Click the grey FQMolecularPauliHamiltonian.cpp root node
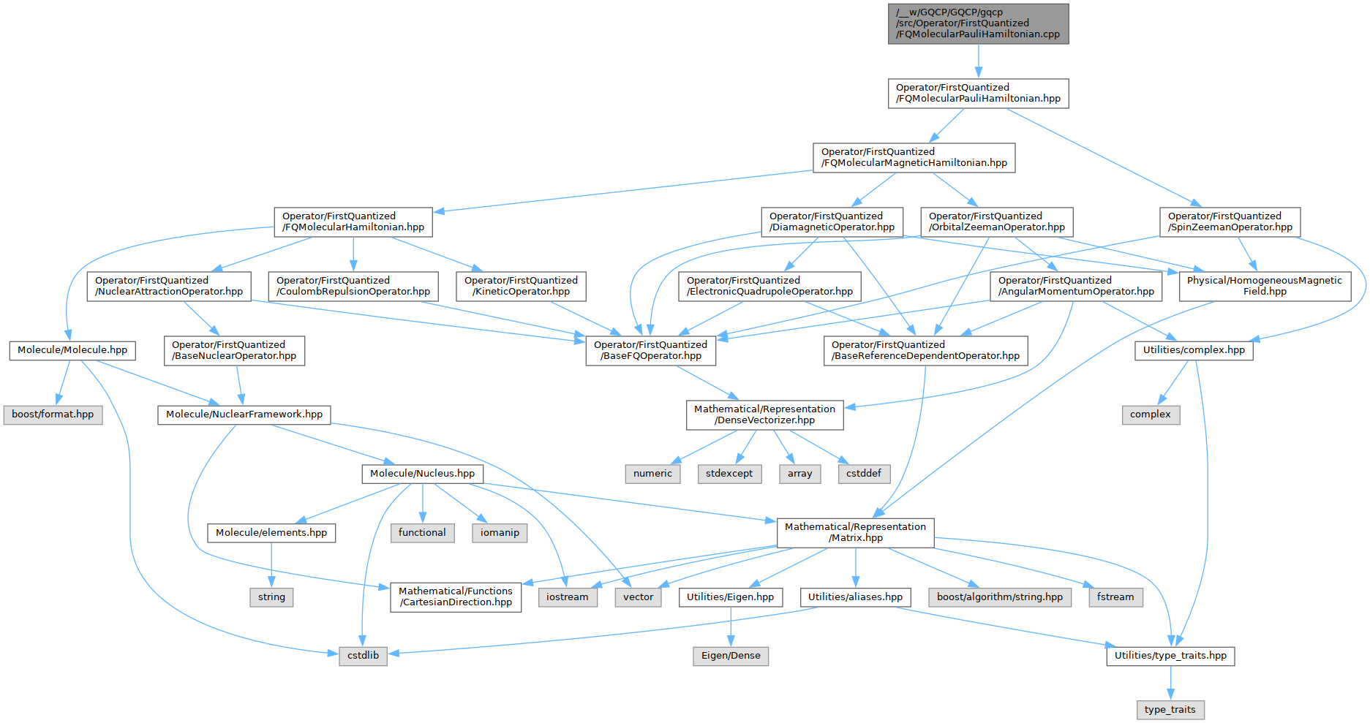(x=978, y=23)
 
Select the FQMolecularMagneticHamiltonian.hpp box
(x=914, y=157)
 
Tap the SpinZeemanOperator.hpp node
(x=1230, y=222)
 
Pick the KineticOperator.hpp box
(x=521, y=286)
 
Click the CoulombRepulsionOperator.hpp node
(x=353, y=286)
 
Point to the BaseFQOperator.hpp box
(x=650, y=350)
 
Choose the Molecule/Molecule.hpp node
(x=72, y=350)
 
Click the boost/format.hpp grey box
(x=53, y=415)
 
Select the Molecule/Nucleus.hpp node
(x=422, y=474)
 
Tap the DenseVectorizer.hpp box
(x=764, y=415)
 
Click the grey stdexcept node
(x=729, y=474)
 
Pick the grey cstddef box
(x=864, y=474)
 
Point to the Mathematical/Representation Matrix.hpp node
(x=855, y=532)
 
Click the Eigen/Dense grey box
(x=731, y=656)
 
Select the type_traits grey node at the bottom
(x=1170, y=710)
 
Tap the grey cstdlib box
(x=363, y=656)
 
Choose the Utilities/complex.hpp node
(x=1194, y=350)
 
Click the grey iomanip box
(x=500, y=533)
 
